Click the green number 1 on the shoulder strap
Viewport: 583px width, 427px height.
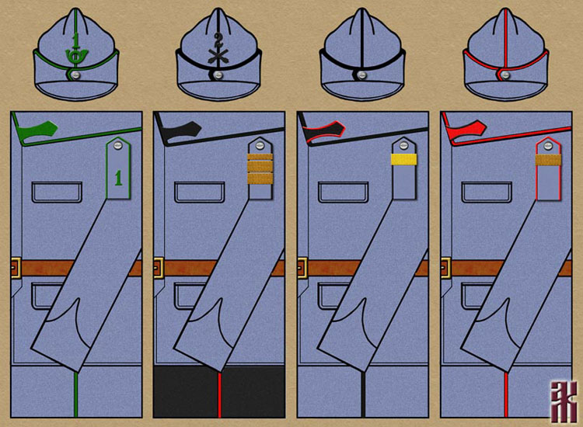coord(118,178)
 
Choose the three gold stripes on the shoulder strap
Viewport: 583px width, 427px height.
coord(260,169)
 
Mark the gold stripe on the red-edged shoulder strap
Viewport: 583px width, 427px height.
coord(546,160)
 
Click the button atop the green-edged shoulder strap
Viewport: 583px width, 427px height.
coord(117,144)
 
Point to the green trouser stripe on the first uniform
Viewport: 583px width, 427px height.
coord(75,396)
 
